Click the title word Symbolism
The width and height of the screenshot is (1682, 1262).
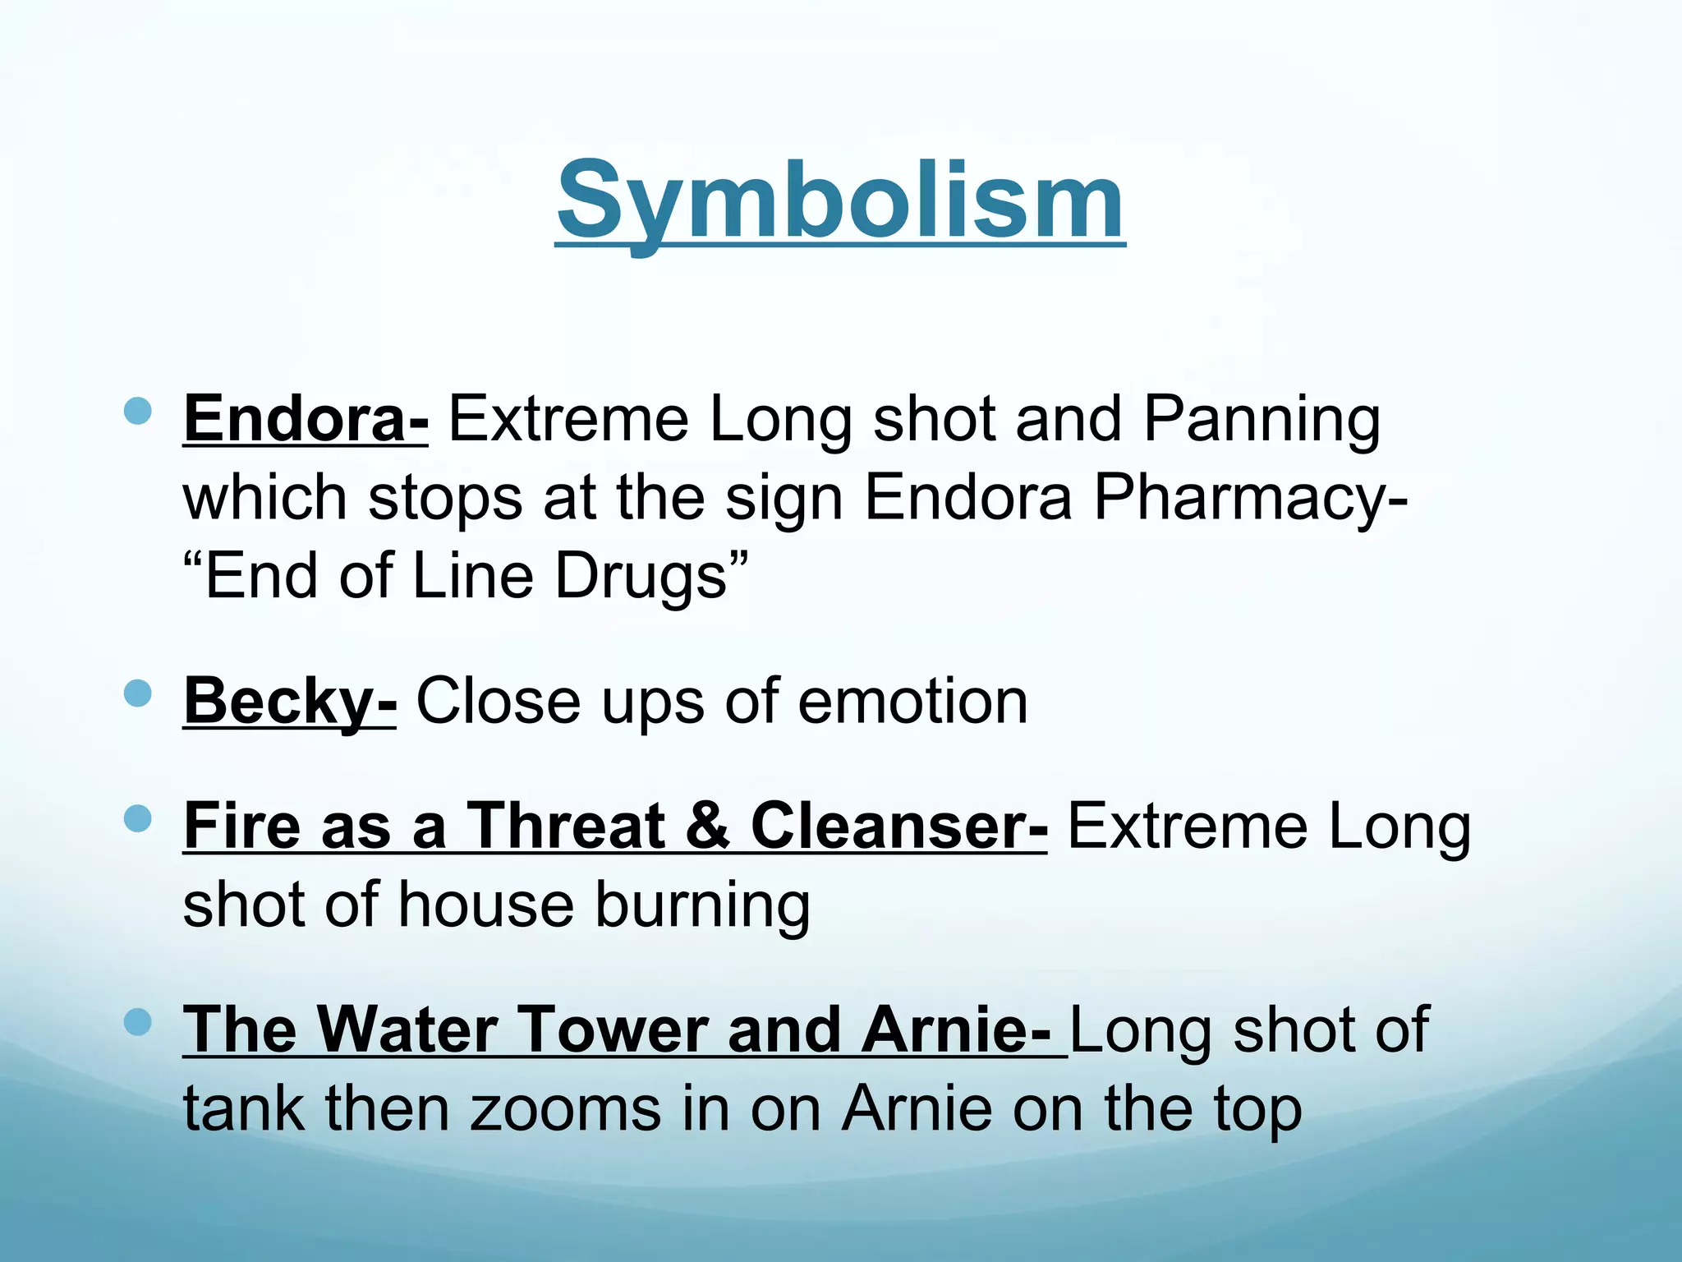(840, 201)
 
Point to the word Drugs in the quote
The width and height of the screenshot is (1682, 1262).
(641, 576)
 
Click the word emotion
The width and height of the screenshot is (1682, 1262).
(912, 702)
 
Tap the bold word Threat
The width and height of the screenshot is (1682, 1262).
(566, 826)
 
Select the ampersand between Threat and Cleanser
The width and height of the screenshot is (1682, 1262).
(707, 826)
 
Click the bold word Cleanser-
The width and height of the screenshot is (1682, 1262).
(898, 826)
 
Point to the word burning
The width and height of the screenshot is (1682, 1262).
(702, 906)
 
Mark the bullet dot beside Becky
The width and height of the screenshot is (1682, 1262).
(138, 693)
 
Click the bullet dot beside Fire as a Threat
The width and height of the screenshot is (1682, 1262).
(138, 818)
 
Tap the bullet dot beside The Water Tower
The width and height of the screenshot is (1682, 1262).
(138, 1022)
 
